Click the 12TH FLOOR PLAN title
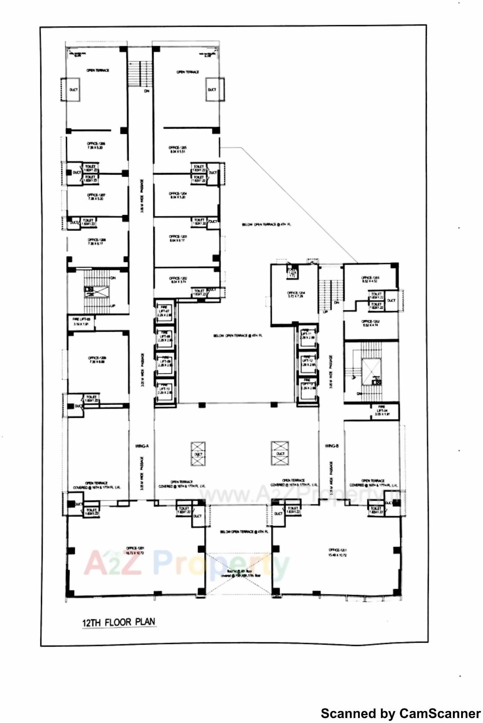(119, 622)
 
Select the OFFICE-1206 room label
(96, 145)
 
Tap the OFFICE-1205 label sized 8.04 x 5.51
(178, 149)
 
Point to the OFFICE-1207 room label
(96, 196)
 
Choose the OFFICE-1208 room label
(96, 242)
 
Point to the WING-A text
(141, 446)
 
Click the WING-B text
(332, 446)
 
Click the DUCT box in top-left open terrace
(73, 90)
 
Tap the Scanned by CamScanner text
(400, 713)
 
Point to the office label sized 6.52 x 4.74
(370, 323)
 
